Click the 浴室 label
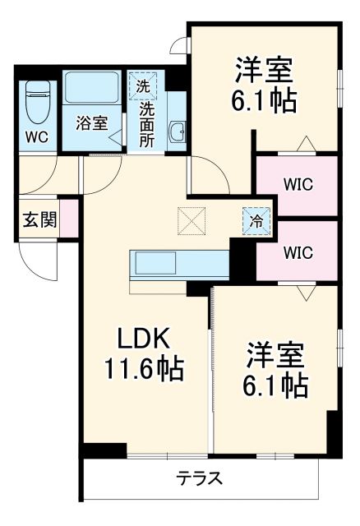point(92,124)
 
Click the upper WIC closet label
point(298,185)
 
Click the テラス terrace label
point(201,479)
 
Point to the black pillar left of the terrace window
point(104,450)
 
